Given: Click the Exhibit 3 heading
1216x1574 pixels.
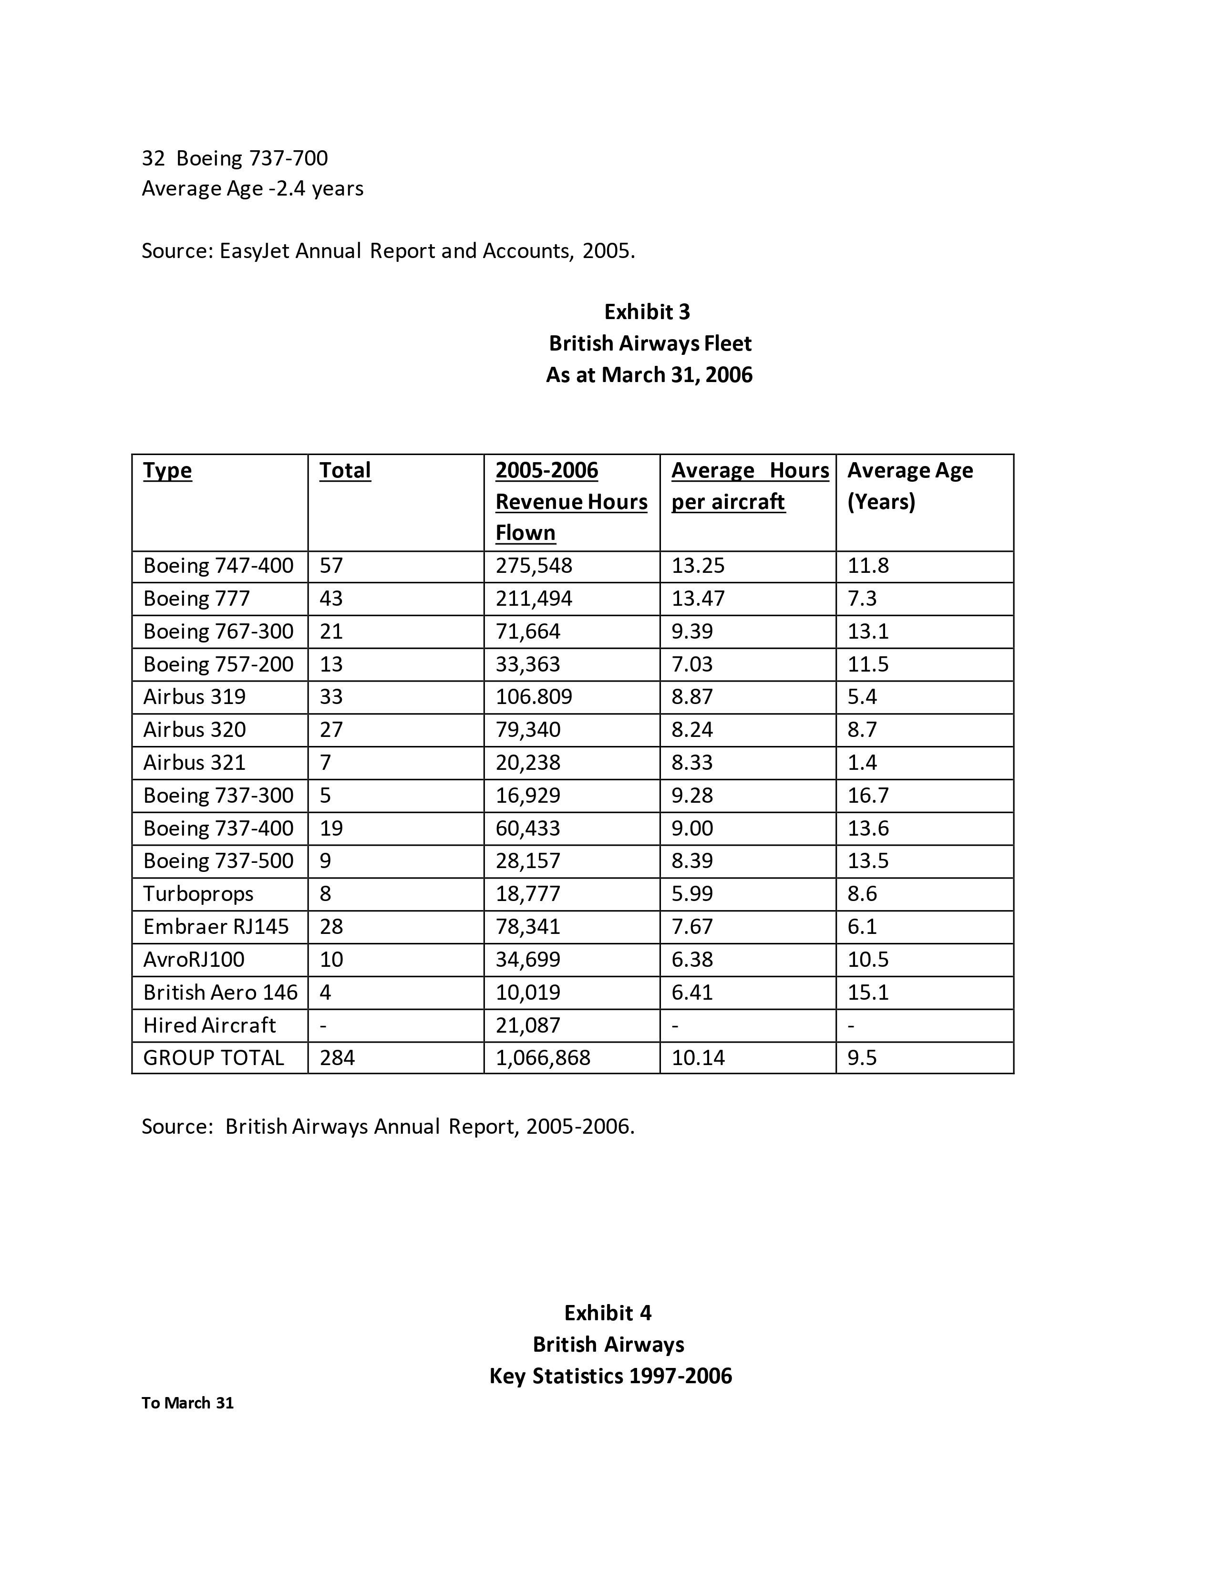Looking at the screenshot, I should click(x=647, y=312).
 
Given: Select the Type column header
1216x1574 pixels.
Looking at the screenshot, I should click(x=167, y=471).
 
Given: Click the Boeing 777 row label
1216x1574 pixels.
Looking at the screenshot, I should click(x=196, y=599).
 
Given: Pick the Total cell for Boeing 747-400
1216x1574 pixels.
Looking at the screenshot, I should click(x=331, y=566).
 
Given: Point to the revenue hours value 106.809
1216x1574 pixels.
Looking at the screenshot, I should click(x=534, y=697).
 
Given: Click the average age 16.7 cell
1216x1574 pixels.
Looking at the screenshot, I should click(x=868, y=796).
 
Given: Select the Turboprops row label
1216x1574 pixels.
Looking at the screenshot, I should click(x=198, y=894).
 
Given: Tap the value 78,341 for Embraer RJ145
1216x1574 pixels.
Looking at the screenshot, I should click(x=527, y=927).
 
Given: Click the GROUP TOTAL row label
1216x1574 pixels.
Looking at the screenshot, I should click(x=213, y=1058).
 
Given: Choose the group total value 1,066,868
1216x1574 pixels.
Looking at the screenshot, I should click(x=543, y=1058).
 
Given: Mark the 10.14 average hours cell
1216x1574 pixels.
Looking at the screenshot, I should click(x=698, y=1058).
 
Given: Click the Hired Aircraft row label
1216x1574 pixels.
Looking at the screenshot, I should click(x=209, y=1025).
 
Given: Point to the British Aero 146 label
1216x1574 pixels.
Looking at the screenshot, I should click(x=220, y=993).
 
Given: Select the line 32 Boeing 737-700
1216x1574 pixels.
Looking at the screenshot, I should click(x=235, y=158).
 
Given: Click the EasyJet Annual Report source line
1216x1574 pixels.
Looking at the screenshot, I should click(x=388, y=251).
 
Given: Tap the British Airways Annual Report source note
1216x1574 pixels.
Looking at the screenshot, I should click(x=388, y=1127).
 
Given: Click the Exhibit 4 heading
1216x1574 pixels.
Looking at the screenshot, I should click(x=607, y=1313).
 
